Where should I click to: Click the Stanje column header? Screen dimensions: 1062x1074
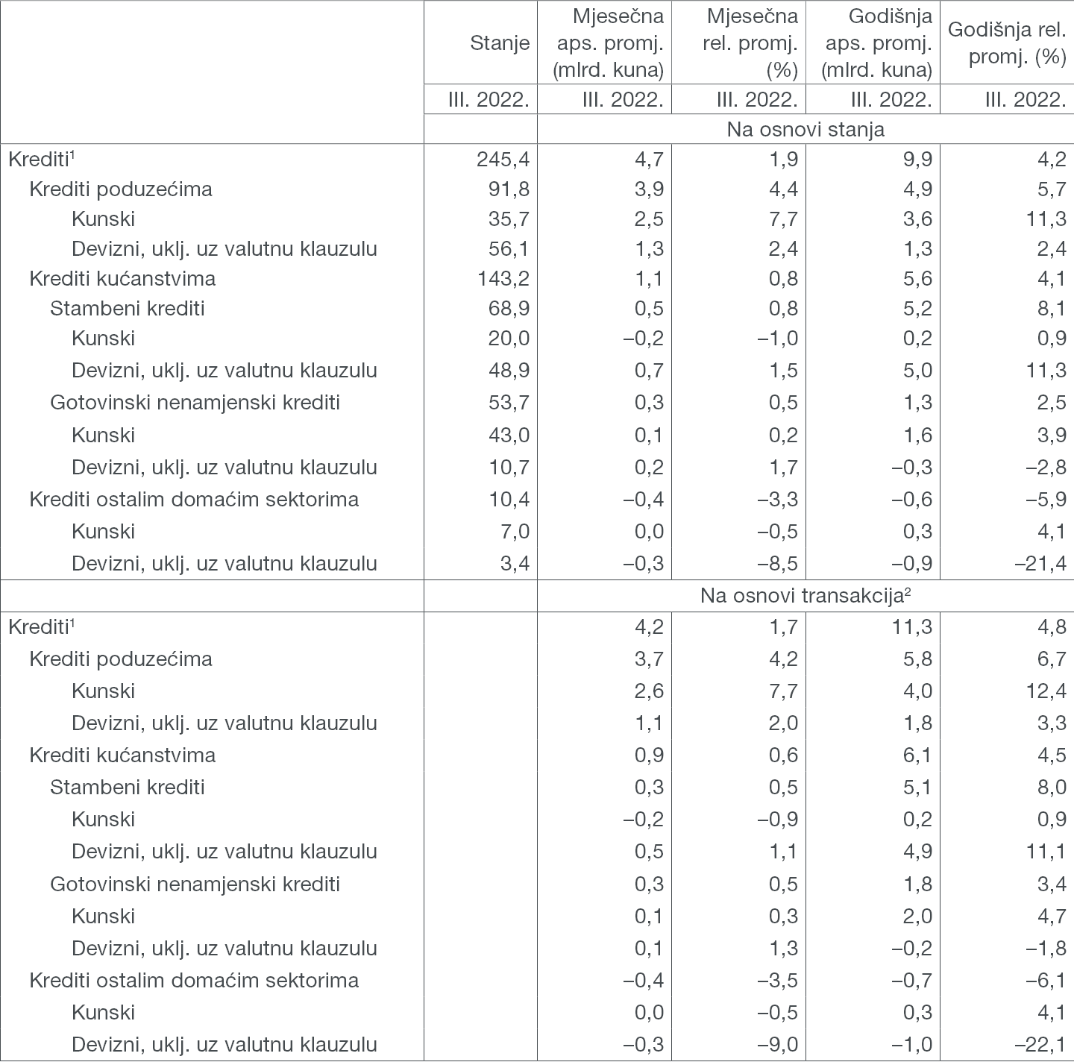coord(500,43)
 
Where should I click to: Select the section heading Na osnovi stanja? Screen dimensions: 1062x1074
coord(805,129)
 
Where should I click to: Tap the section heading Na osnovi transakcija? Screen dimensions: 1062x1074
coord(805,596)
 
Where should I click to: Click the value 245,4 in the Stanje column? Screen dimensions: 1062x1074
coord(503,159)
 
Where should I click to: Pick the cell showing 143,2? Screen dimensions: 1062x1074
coord(503,279)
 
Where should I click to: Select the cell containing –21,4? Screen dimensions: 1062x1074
coord(1040,564)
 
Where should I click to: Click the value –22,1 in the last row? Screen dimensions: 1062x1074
coord(1040,1045)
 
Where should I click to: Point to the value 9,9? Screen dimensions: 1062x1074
coord(917,159)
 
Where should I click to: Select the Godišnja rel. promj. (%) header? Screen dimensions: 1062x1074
coord(1007,43)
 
